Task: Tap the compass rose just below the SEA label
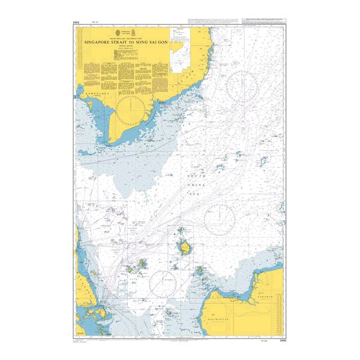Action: [218, 219]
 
